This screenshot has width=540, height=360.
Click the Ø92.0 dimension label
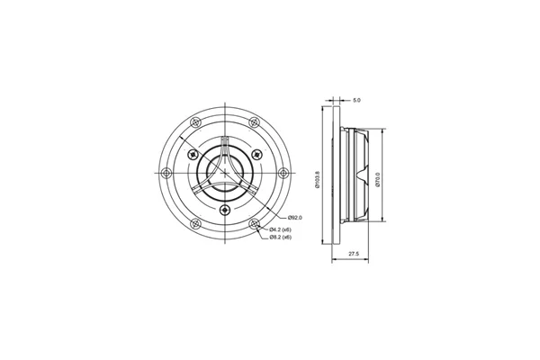(294, 219)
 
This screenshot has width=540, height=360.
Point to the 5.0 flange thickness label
(357, 100)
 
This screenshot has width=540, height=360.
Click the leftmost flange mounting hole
(166, 174)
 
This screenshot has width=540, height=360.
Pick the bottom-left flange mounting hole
(195, 224)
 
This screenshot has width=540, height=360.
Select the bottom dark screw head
(225, 209)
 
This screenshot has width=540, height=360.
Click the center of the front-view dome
(225, 174)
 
